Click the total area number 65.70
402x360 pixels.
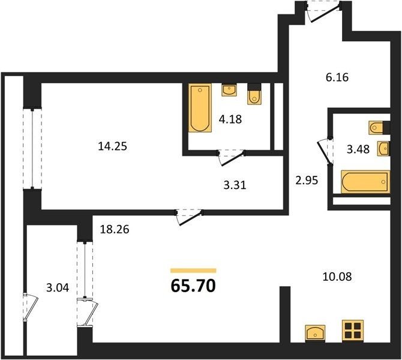tap(193, 286)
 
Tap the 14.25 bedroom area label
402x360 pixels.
tap(113, 146)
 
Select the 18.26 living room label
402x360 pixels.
tap(115, 229)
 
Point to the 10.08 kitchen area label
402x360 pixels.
tap(337, 277)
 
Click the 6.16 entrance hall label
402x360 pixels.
tap(337, 77)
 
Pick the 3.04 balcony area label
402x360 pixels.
tap(58, 287)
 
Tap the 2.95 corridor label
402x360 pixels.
tap(307, 181)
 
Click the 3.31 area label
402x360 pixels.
tap(235, 185)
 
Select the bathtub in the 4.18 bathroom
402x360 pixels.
tap(200, 108)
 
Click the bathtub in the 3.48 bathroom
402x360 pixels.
tap(365, 182)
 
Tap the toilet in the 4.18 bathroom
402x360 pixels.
tap(254, 94)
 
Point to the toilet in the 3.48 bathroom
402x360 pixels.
tap(379, 127)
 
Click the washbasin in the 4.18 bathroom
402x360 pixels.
tap(229, 90)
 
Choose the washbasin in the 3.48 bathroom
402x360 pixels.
tap(383, 148)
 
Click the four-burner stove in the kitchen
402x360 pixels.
tap(353, 331)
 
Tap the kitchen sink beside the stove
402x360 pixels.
tap(315, 333)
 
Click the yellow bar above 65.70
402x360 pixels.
tap(193, 271)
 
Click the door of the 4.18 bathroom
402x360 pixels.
tap(232, 157)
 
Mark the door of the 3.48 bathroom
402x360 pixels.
tap(325, 152)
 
